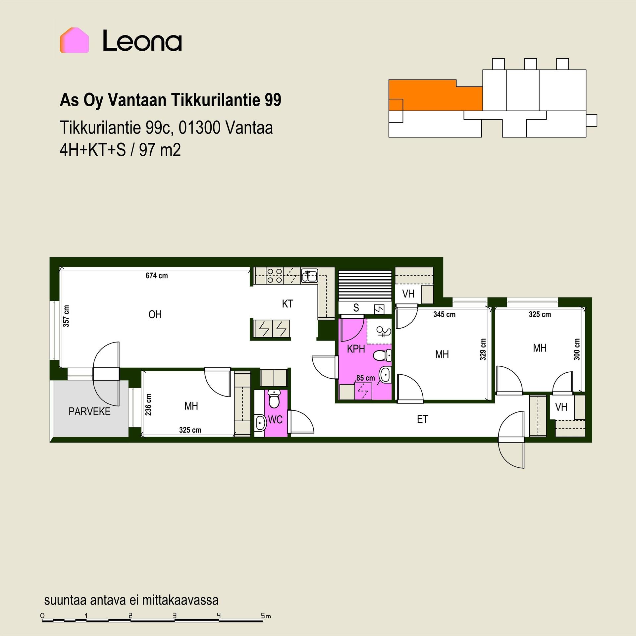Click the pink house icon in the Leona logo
(75, 40)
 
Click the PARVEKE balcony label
(89, 411)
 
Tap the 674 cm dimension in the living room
(157, 276)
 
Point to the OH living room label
(155, 314)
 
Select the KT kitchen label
(288, 304)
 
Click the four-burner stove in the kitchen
(275, 276)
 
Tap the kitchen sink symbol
(309, 276)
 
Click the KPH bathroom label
(356, 349)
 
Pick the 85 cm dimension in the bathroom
(366, 378)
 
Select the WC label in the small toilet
(275, 420)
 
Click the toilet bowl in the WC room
(274, 399)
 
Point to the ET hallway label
(422, 419)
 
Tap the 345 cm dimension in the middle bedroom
(445, 314)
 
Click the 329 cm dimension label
(483, 349)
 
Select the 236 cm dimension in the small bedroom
(148, 404)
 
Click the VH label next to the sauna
(408, 294)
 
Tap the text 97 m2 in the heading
(160, 150)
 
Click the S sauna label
(356, 308)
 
